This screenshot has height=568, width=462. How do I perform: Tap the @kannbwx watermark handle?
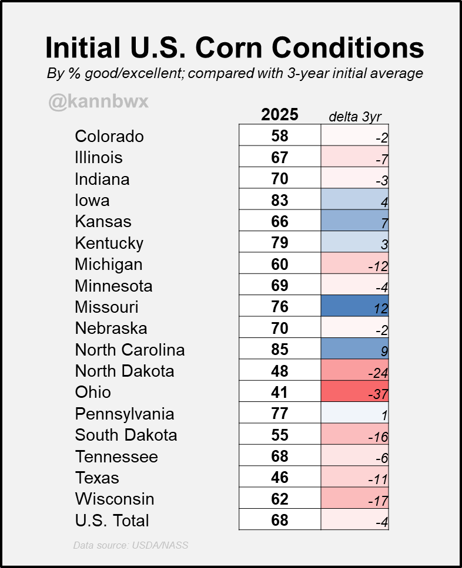pos(98,102)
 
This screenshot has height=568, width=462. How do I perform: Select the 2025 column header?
pos(280,114)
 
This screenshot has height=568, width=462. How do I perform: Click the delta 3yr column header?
pos(355,116)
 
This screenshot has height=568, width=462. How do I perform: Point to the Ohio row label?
pos(93,392)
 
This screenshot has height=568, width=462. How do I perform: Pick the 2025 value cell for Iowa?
pos(280,200)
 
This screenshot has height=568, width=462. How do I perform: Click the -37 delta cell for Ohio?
pos(355,392)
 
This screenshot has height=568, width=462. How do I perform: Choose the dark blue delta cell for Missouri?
pos(355,306)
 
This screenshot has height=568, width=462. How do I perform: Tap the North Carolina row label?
pos(130,350)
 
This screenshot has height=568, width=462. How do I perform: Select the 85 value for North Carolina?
pos(280,350)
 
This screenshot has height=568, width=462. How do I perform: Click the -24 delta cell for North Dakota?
pos(355,371)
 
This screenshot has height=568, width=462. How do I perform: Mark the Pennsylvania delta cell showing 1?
pos(355,414)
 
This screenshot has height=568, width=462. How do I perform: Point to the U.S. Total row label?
pos(112,520)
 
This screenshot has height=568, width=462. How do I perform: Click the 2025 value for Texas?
pos(280,478)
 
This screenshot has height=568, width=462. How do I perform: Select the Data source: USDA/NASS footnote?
pos(130,545)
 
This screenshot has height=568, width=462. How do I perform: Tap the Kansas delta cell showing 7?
pos(355,221)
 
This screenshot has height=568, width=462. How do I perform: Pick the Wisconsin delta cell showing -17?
pos(355,499)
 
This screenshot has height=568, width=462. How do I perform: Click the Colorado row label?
pos(109,136)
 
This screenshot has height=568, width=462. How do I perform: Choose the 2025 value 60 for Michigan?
pos(280,264)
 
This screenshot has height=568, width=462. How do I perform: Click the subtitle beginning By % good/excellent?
pos(235,74)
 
